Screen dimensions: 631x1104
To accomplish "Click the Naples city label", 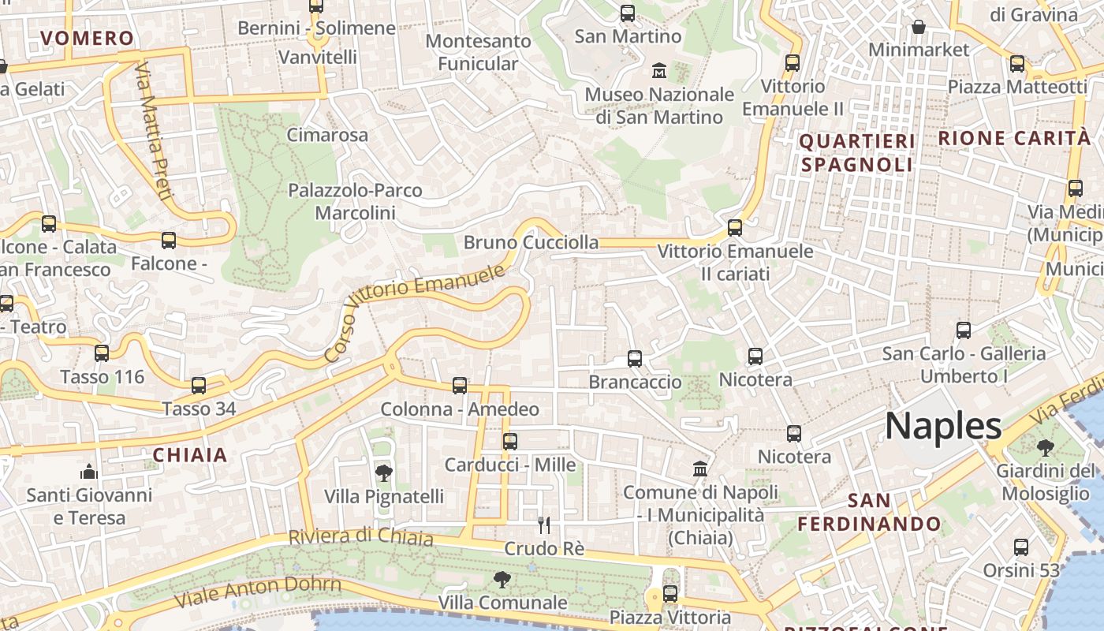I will (943, 427).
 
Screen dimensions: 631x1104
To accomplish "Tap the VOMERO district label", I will (87, 38).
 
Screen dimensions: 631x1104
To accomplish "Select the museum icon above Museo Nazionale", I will (659, 72).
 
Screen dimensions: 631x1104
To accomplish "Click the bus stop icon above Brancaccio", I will (635, 359).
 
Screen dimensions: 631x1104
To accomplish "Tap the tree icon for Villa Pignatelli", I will (384, 473).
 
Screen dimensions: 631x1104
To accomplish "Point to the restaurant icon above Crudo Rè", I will (543, 525).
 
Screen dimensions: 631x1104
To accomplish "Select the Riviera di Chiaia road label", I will (360, 537).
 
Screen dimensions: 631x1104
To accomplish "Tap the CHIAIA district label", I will (189, 455).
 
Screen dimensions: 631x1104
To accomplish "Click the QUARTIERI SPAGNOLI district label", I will (857, 153).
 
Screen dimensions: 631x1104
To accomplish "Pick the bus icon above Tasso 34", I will (199, 386).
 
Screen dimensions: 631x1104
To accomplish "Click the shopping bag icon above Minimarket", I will (919, 27).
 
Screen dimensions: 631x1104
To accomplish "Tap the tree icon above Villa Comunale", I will (502, 581).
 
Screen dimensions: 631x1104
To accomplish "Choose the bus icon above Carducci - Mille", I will (510, 442).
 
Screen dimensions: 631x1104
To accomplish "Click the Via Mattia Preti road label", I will (152, 130).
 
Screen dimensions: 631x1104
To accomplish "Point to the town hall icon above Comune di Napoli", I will (700, 469).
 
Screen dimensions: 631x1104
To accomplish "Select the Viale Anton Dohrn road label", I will (257, 591).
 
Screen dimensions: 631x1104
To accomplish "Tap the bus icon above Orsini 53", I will (1021, 547).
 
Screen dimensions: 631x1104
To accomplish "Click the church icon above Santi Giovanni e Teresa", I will (89, 472).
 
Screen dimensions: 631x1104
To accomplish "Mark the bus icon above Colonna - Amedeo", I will (460, 386).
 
